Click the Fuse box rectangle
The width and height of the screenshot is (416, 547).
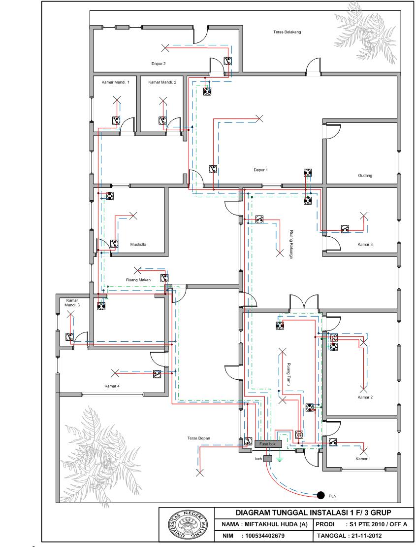268,444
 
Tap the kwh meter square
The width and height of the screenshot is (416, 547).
267,458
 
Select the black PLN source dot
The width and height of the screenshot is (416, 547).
320,495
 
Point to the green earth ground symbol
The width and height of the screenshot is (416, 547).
279,458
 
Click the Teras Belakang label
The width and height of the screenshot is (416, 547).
287,32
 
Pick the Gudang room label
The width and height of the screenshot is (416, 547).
365,176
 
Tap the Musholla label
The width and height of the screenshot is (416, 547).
138,245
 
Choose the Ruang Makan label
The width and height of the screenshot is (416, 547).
138,280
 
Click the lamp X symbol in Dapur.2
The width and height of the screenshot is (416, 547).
165,47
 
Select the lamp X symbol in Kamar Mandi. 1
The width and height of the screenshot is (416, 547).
117,101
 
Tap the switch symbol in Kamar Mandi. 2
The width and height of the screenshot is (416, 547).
162,121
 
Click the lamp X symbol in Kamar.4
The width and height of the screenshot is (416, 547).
115,373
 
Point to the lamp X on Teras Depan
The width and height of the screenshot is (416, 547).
200,473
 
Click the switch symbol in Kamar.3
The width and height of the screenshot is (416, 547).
345,229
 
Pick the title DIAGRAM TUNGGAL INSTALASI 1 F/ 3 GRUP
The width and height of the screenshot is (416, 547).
313,513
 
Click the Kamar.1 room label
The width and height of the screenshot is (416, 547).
363,459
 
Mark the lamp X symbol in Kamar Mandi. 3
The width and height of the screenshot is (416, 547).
70,315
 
